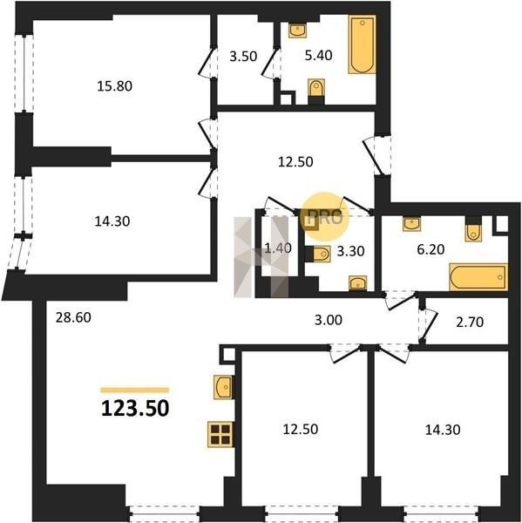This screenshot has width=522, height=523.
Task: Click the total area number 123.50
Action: [135, 408]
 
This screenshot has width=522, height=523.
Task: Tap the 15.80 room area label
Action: [114, 86]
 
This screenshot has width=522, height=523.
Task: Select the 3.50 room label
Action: [243, 56]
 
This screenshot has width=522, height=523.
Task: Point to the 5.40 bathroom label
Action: [319, 55]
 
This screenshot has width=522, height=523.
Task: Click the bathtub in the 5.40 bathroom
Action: [363, 44]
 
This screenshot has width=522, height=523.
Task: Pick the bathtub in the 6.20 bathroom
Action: [478, 277]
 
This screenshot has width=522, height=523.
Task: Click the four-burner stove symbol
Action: [220, 434]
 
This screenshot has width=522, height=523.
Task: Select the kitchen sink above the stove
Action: [222, 387]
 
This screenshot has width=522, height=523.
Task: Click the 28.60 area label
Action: [73, 317]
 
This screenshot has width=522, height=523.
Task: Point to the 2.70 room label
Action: [470, 322]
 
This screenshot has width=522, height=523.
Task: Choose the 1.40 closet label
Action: [277, 248]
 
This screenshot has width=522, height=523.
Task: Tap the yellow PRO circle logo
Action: [324, 217]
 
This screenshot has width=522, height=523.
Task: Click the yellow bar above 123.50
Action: [135, 390]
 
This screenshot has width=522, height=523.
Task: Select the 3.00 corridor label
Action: [329, 320]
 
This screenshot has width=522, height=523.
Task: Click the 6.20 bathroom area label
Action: [431, 249]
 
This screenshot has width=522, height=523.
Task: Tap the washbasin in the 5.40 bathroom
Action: [297, 31]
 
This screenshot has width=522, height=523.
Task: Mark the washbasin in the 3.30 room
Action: [358, 282]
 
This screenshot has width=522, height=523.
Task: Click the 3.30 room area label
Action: [350, 251]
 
